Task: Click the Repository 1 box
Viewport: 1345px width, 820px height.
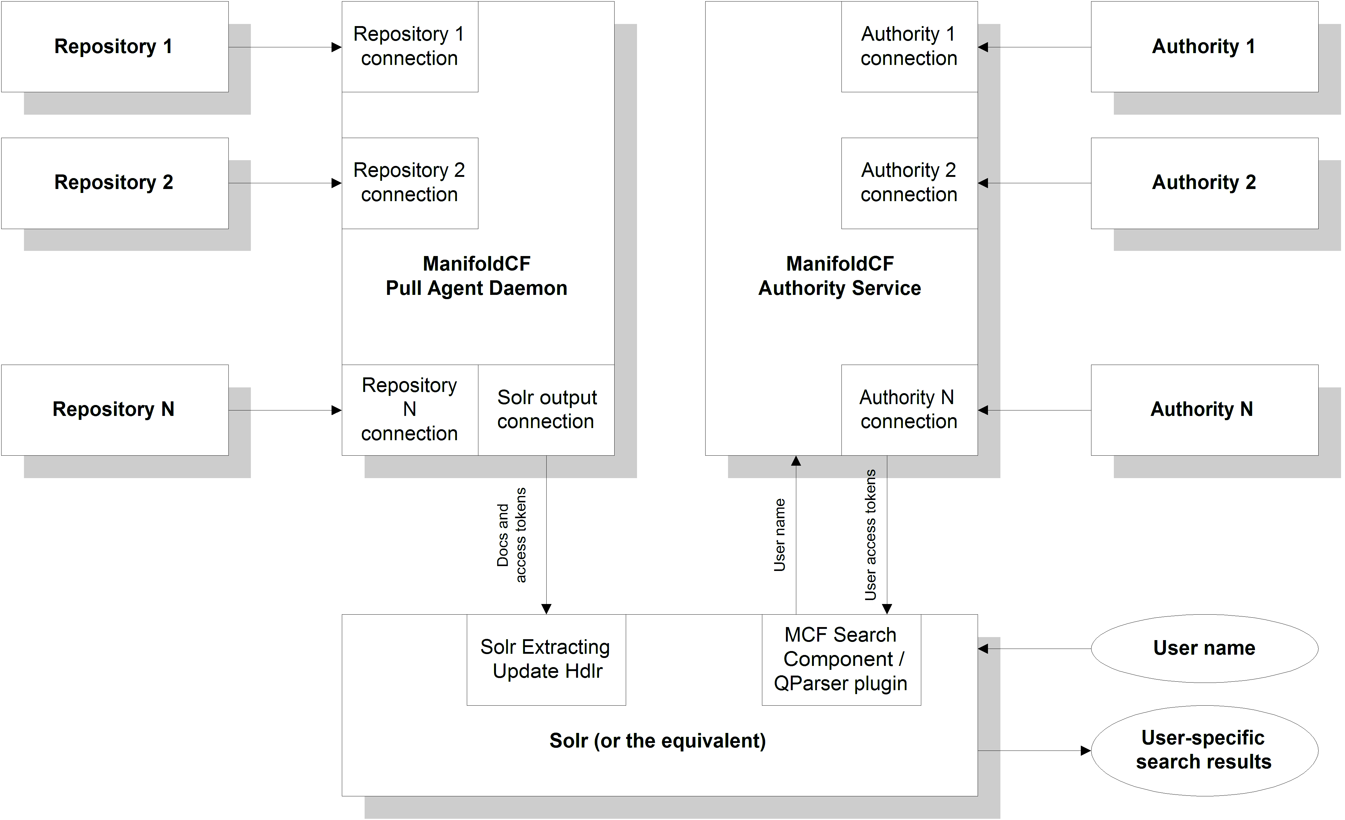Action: pos(115,46)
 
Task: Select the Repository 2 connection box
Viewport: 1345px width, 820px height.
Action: pos(410,183)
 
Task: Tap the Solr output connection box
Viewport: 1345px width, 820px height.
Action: pos(546,410)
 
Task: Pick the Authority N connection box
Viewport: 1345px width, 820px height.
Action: pos(909,410)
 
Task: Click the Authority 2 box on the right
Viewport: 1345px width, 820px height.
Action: pos(1204,183)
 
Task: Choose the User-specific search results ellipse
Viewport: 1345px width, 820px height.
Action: pos(1204,750)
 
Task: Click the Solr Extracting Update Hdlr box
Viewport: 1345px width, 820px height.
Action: pos(546,660)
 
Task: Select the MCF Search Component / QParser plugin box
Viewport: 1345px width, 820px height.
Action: pos(841,660)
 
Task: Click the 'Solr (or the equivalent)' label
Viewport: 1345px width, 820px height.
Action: pos(658,741)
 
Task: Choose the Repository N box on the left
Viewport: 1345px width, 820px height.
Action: pos(115,410)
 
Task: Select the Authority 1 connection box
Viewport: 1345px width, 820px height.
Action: pos(909,46)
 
